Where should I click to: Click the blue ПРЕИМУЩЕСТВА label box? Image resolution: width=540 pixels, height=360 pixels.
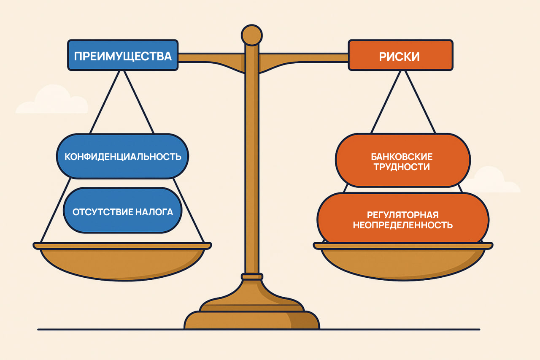tap(123, 55)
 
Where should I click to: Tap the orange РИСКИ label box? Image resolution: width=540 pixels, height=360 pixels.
tap(400, 55)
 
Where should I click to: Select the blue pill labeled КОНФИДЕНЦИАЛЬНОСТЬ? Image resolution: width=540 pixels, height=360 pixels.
tap(123, 157)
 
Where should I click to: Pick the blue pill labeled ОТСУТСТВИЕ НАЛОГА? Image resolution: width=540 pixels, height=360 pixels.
tap(123, 211)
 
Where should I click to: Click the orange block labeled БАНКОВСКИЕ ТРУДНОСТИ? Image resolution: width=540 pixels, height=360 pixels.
tap(402, 161)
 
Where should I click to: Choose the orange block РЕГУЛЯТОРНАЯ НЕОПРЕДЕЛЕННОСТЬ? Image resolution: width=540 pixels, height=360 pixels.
tap(402, 219)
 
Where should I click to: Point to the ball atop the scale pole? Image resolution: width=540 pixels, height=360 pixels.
tap(252, 35)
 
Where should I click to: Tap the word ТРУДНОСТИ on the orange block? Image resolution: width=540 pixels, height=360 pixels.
tap(402, 167)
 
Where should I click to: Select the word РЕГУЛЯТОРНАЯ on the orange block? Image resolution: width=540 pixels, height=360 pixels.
tap(402, 214)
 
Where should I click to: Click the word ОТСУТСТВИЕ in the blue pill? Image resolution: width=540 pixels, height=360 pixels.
tap(103, 212)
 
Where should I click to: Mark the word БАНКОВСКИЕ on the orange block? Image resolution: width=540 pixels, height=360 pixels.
tap(402, 157)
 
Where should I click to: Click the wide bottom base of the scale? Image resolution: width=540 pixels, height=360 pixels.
tap(251, 321)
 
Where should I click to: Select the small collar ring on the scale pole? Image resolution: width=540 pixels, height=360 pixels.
tap(252, 276)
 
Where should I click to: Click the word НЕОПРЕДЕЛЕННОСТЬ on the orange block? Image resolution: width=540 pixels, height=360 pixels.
tap(402, 225)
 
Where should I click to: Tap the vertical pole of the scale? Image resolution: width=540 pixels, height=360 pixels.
tap(252, 169)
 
